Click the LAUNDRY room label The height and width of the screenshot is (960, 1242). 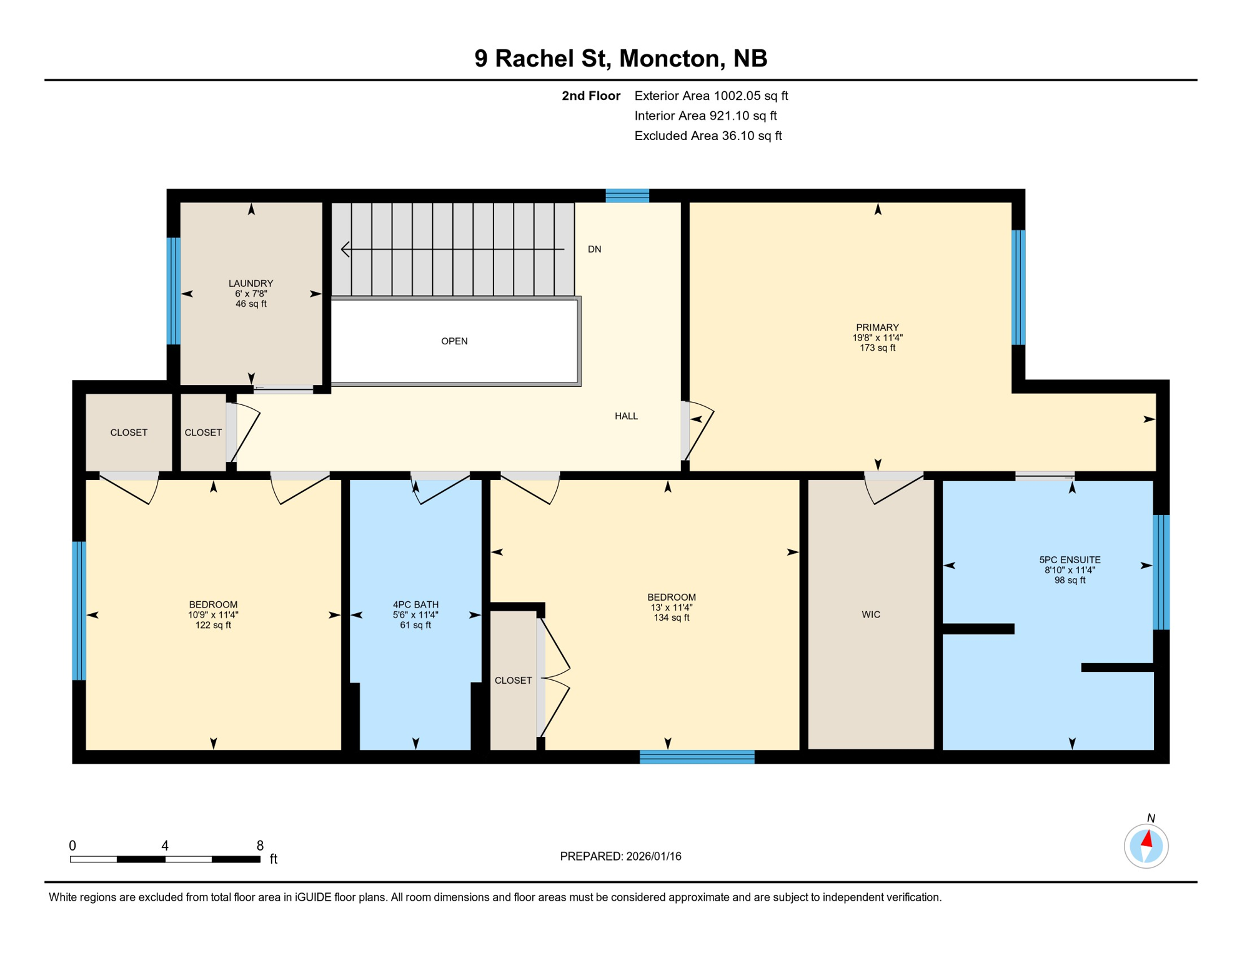251,283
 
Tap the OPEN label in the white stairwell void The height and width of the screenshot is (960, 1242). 454,341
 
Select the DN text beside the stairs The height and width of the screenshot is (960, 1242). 594,249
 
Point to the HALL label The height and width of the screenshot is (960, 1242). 626,416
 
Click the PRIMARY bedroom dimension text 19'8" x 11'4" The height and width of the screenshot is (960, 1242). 877,337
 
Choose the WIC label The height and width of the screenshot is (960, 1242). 870,614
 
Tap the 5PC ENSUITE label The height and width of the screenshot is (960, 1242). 1070,560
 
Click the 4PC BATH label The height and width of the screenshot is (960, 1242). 415,604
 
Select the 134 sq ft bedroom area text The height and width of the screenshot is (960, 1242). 671,617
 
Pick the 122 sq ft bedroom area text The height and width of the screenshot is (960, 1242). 213,625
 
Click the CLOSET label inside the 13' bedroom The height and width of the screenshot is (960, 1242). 513,680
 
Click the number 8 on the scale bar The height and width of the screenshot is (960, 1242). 260,846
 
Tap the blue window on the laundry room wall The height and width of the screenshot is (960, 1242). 174,291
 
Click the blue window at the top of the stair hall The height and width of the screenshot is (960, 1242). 627,196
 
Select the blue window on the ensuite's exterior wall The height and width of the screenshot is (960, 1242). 1161,572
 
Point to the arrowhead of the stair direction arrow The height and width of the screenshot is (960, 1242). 344,249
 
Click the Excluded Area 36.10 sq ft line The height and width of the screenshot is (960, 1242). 708,136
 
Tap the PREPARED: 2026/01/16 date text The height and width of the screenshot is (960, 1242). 620,856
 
